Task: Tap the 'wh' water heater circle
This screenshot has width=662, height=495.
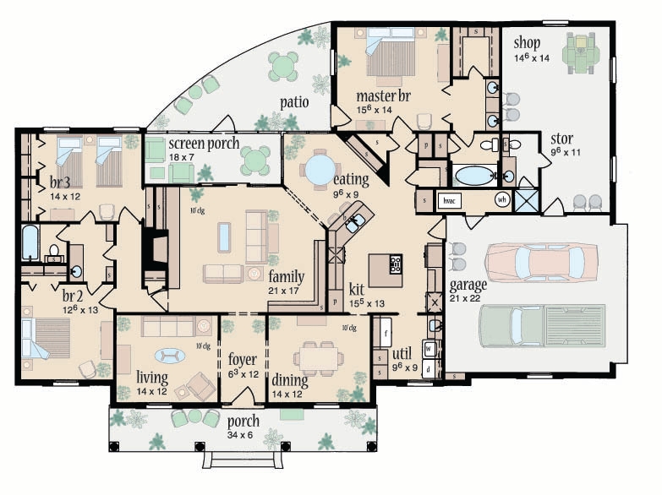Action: [x=501, y=200]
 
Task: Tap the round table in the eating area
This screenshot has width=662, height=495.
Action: [x=320, y=168]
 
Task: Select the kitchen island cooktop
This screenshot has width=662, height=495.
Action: [x=396, y=264]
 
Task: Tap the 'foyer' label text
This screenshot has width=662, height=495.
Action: [x=243, y=359]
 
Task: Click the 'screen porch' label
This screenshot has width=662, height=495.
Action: [x=204, y=143]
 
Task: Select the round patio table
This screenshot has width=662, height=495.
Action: [x=283, y=65]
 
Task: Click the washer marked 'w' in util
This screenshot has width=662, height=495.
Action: [x=429, y=348]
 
